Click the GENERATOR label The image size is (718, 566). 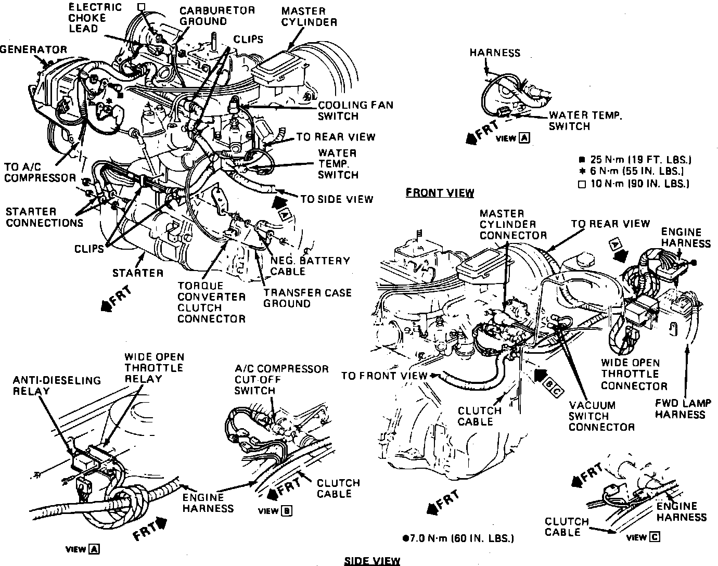pos(34,49)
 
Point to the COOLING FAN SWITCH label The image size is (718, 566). pos(355,110)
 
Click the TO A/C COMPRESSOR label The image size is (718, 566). pos(40,173)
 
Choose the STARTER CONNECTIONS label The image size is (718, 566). pos(44,217)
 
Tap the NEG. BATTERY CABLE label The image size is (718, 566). pos(310,266)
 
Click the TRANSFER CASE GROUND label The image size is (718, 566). pos(307,298)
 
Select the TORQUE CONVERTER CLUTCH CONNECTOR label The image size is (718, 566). pos(211,302)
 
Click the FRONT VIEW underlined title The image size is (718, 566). pos(440,193)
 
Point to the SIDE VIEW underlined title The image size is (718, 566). pos(372,560)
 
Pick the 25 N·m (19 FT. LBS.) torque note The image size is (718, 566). pos(635,160)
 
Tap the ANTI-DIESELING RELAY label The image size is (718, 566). pos(57,385)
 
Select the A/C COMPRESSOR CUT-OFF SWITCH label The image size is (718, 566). pos(281,380)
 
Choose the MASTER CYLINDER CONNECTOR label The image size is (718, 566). pos(513,224)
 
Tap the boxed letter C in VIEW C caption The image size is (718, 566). pos(655,537)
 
